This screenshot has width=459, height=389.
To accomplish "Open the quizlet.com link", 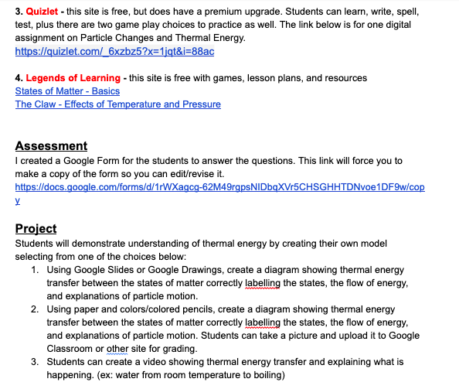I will tap(114, 51).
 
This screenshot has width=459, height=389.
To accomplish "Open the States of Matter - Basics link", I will tap(67, 91).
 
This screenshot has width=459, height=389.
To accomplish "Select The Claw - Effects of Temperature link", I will tap(117, 104).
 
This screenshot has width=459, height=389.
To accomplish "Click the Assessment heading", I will tap(51, 145).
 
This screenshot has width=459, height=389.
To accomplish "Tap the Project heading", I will tap(36, 229).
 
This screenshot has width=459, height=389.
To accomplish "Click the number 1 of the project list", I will tap(36, 271).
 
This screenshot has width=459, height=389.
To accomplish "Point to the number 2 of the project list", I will tap(36, 309).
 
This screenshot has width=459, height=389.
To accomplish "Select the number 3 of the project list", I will tap(36, 362).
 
